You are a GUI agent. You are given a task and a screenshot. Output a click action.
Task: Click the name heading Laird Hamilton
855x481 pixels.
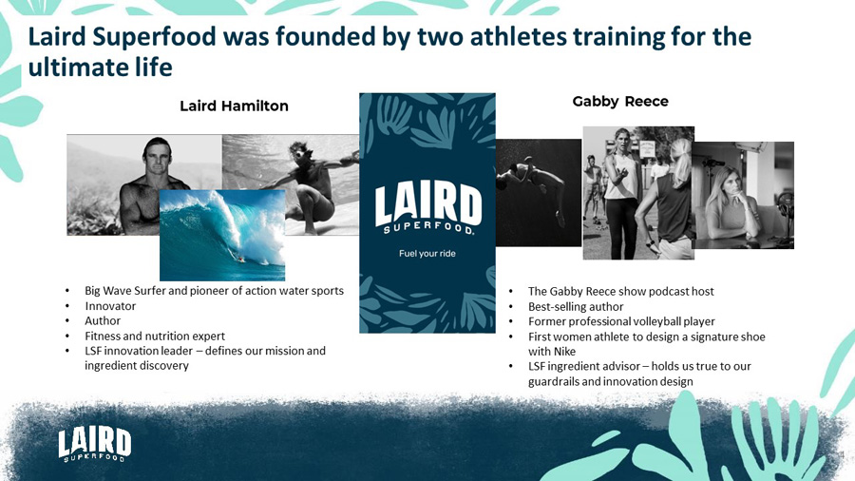point(234,106)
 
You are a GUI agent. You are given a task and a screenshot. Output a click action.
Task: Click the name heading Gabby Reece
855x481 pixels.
point(620,102)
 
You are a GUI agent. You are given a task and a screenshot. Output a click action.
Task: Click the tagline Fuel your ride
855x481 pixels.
point(427,254)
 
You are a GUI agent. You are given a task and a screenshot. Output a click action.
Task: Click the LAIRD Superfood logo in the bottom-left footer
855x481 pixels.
point(94,445)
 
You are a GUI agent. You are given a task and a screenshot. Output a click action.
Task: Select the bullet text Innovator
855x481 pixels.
point(110,306)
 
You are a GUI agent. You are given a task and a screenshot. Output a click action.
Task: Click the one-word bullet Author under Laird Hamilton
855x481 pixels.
point(103,320)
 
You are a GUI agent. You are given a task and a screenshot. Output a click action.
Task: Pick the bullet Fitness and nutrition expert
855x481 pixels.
point(155,336)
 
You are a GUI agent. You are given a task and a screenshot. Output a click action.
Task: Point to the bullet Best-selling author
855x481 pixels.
point(576,306)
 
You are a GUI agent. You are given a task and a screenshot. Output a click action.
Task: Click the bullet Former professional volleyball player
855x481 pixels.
point(621,321)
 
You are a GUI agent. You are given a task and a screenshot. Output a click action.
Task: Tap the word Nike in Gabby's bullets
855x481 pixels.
point(564,351)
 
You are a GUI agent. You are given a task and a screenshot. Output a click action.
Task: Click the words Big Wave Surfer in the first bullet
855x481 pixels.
point(124,290)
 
